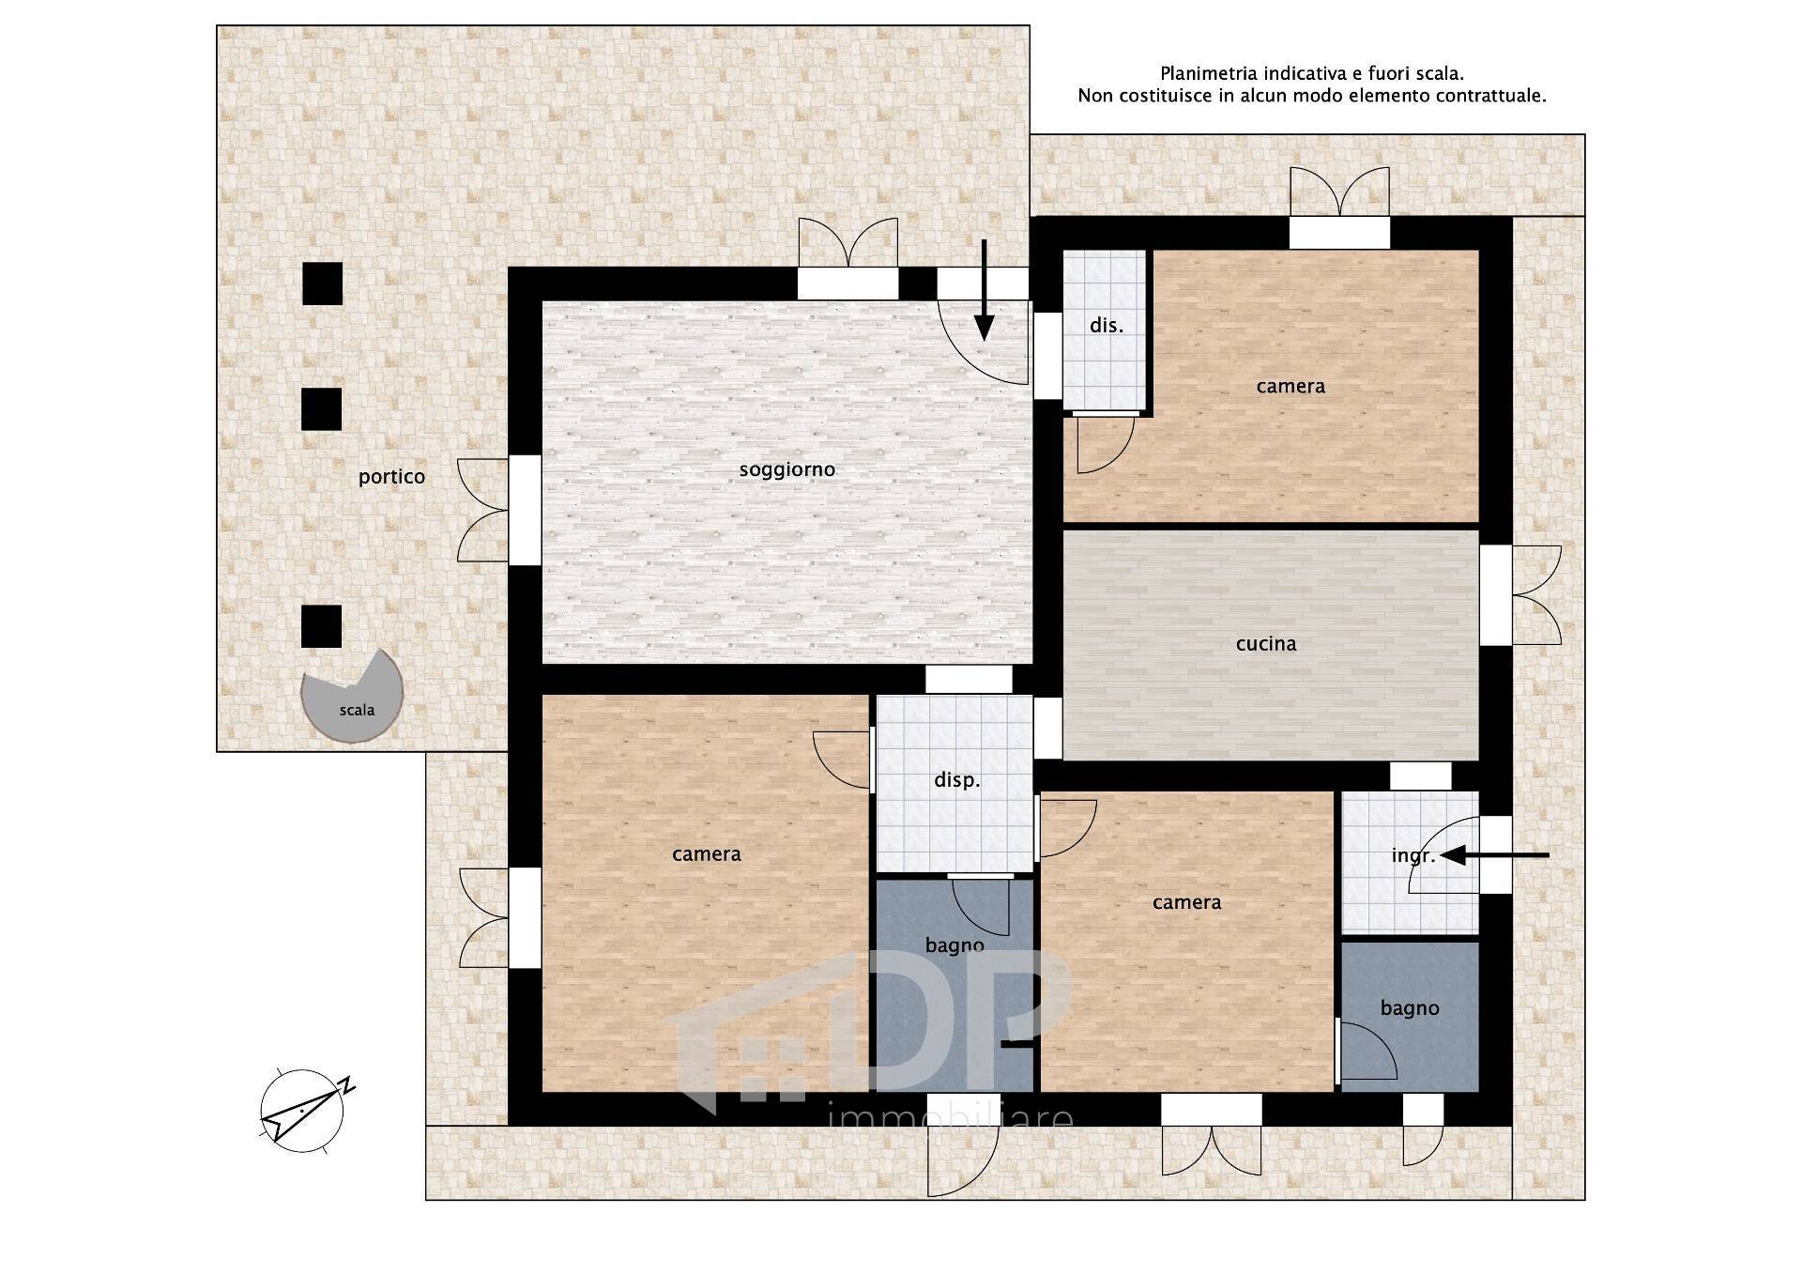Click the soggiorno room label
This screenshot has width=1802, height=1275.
(x=786, y=469)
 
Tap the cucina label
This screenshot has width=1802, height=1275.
(x=1266, y=644)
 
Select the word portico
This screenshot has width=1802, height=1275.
(x=391, y=477)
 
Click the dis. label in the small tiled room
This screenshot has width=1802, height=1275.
(x=1106, y=326)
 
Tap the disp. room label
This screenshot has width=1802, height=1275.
(x=956, y=780)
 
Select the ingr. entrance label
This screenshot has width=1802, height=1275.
(x=1412, y=856)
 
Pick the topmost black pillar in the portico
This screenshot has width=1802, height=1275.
(x=322, y=283)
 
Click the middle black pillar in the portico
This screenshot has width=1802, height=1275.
(x=321, y=409)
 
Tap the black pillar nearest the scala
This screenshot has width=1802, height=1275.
(x=321, y=626)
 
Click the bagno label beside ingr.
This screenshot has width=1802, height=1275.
(x=1409, y=1008)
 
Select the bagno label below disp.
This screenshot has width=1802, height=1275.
(x=954, y=945)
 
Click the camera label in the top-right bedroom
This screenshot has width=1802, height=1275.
(x=1290, y=386)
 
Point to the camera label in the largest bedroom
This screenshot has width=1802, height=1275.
(x=706, y=853)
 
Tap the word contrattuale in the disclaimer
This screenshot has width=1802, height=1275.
(x=1494, y=96)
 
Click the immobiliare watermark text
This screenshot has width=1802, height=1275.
(x=952, y=1117)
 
